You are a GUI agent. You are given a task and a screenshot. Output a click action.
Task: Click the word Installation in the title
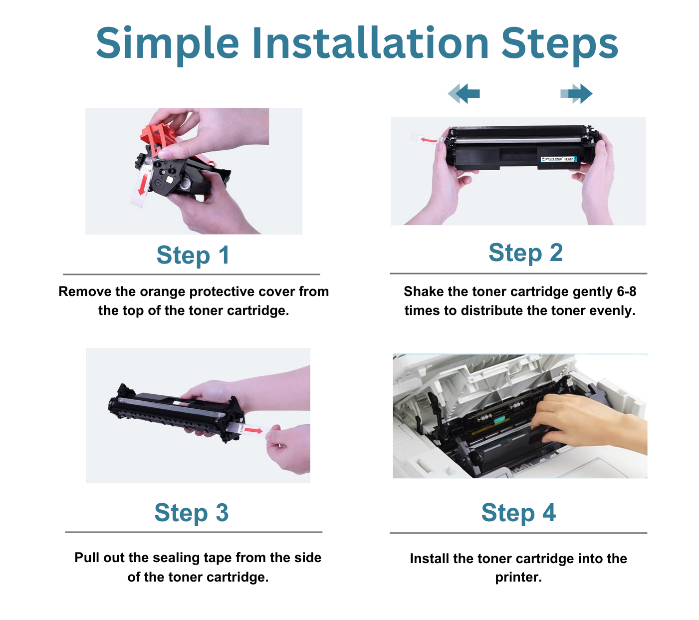370,43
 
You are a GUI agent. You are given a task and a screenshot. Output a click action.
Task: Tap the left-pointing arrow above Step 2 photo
464,93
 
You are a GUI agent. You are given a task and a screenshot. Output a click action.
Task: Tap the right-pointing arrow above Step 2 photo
577,93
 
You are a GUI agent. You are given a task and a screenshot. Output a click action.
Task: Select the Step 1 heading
193,256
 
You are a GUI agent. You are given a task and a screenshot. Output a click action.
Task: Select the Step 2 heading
525,253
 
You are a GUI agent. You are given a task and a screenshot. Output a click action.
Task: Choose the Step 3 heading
192,513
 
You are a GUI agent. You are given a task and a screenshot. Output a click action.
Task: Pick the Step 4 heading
518,513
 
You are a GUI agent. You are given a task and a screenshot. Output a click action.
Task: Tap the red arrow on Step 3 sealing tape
255,430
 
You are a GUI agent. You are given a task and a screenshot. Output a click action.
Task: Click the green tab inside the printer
501,420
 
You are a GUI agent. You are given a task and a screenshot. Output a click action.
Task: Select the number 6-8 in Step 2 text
626,292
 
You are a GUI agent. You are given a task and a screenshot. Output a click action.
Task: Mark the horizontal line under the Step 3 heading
194,532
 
